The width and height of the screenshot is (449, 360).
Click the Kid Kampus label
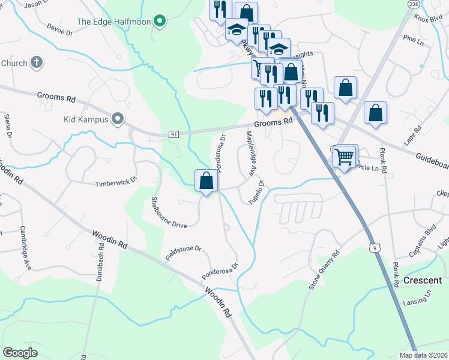click(x=85, y=119)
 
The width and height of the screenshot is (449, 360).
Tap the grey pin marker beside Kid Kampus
click(x=118, y=119)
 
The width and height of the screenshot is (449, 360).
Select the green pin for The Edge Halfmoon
click(x=159, y=23)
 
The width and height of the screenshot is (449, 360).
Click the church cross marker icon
click(x=37, y=62)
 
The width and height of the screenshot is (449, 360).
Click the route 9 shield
click(x=375, y=247)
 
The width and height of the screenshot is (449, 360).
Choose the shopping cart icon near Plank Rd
click(x=345, y=158)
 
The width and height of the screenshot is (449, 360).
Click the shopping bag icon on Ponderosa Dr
click(x=206, y=181)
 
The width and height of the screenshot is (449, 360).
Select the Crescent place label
click(x=423, y=280)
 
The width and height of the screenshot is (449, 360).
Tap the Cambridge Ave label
click(x=25, y=248)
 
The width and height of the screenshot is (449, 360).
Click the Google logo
click(x=20, y=352)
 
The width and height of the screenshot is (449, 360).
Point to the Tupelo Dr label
click(x=257, y=191)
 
